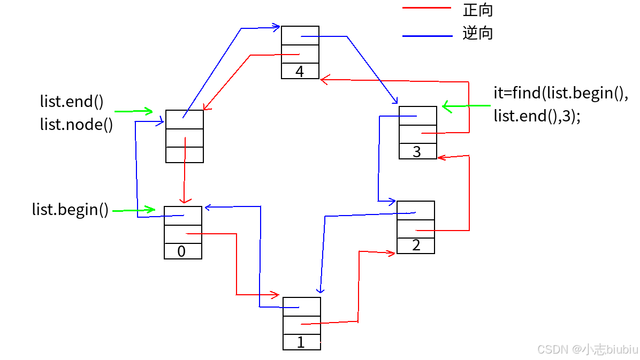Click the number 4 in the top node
(x=300, y=72)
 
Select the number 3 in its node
(x=417, y=152)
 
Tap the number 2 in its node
(x=416, y=246)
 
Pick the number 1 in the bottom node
(x=301, y=343)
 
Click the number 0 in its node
(x=181, y=251)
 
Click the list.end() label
(x=72, y=102)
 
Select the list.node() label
(x=77, y=125)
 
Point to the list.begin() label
(x=70, y=210)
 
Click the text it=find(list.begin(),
(x=560, y=93)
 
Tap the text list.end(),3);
(x=537, y=116)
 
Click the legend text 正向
(x=477, y=10)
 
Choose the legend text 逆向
(x=477, y=33)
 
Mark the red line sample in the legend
(x=426, y=8)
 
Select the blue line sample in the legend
(x=427, y=36)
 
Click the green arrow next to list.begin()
(x=134, y=210)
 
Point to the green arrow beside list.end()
(x=134, y=111)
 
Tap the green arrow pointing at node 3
(x=466, y=106)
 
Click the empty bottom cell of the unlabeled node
(x=185, y=155)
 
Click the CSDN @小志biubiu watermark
(x=587, y=349)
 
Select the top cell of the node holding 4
(x=300, y=35)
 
